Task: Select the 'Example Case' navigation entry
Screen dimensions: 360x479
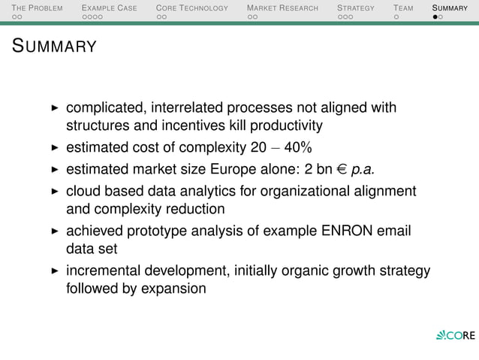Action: (109, 8)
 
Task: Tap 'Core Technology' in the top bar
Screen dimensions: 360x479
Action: (191, 8)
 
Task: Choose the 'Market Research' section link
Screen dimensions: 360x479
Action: (282, 8)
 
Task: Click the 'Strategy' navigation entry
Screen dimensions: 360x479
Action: (355, 8)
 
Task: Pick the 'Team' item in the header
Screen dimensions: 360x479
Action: (403, 8)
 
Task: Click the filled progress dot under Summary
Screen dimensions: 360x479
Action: (435, 18)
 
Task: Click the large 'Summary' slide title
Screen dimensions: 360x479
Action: (54, 47)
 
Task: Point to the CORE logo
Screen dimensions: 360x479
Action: (455, 334)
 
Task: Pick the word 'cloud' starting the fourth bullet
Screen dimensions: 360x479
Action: (83, 191)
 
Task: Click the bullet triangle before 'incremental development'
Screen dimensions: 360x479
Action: (54, 271)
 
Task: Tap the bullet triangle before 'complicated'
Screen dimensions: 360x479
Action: (54, 108)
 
